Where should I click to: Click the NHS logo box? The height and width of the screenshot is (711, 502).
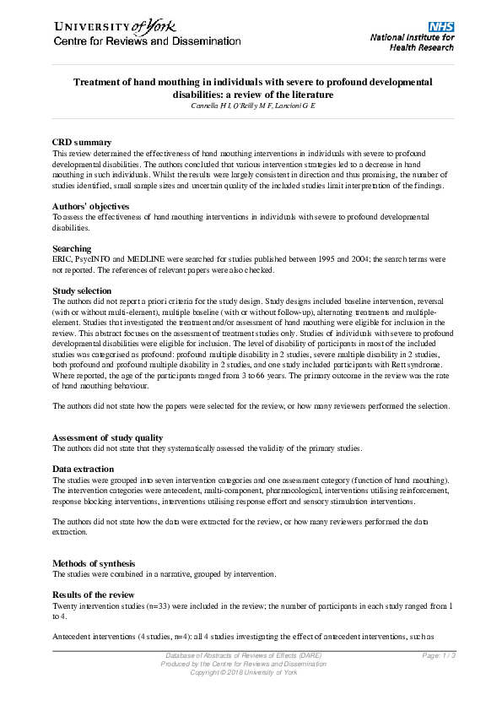click(441, 27)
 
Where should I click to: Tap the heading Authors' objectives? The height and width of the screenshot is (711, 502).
click(91, 206)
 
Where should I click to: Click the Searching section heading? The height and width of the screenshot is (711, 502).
click(72, 248)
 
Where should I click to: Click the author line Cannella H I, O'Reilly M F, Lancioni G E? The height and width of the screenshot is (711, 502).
click(251, 106)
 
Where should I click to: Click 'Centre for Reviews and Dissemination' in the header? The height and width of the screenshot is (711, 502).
click(148, 41)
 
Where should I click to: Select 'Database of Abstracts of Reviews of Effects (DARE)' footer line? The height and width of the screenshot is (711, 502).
click(243, 656)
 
